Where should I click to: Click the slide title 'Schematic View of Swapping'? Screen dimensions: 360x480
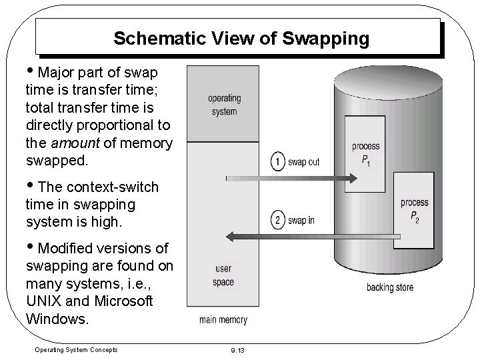pos(241,39)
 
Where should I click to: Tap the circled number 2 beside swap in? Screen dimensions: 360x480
pos(277,220)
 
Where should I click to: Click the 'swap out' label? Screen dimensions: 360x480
pos(305,163)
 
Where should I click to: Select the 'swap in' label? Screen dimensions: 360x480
pos(302,220)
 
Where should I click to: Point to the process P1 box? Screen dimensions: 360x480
pos(365,152)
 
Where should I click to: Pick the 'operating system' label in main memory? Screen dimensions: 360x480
pos(224,105)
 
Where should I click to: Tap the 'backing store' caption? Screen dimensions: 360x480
pos(389,287)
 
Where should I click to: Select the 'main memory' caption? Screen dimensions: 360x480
pos(223,319)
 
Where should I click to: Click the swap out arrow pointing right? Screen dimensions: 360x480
pos(293,178)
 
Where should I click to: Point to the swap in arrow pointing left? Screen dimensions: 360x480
pos(313,235)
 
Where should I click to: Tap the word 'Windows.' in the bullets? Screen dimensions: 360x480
pos(57,318)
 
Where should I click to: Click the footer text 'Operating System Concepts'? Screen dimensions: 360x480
pos(75,350)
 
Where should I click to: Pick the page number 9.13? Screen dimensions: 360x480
pos(238,350)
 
